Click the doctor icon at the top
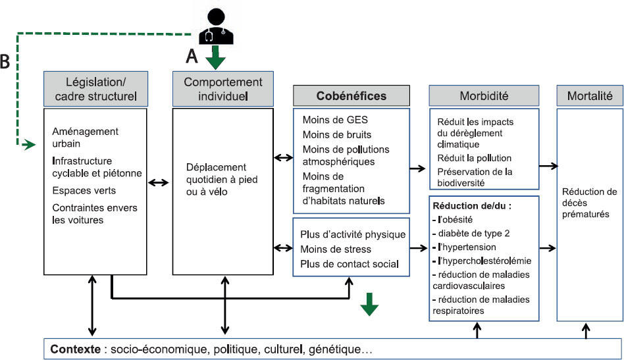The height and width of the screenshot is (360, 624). (x=217, y=26)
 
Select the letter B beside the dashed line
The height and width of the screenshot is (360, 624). (x=5, y=61)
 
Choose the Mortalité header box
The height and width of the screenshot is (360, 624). (x=589, y=95)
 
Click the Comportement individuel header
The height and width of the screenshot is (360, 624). (x=222, y=89)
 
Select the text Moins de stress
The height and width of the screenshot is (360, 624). (x=335, y=249)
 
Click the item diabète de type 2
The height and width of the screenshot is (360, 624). (x=471, y=233)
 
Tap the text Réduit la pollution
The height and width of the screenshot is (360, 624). (x=474, y=158)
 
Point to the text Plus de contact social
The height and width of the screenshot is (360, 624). (x=349, y=264)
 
